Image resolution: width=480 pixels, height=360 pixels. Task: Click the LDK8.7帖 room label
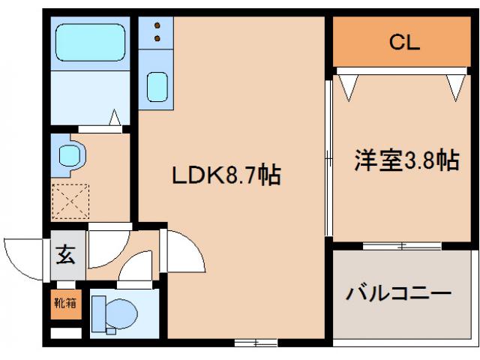point(226,176)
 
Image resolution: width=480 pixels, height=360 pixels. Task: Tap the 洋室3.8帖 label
point(406,160)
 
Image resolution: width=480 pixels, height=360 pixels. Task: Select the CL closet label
point(403,42)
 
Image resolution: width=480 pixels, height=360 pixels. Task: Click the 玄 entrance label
point(65,255)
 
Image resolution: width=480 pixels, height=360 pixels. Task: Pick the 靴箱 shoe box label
point(64,303)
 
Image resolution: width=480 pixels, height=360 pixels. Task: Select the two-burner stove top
point(157,32)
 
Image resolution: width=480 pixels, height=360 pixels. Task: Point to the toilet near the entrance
point(116,312)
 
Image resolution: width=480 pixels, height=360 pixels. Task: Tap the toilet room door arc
point(135,266)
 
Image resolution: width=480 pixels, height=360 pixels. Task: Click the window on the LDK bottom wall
point(255,343)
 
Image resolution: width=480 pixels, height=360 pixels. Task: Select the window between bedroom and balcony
point(402,245)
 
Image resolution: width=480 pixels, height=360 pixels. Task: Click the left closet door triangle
point(347,86)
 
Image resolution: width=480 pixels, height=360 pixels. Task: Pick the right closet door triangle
point(455,86)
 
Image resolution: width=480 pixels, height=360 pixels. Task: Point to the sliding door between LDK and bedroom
point(328,157)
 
